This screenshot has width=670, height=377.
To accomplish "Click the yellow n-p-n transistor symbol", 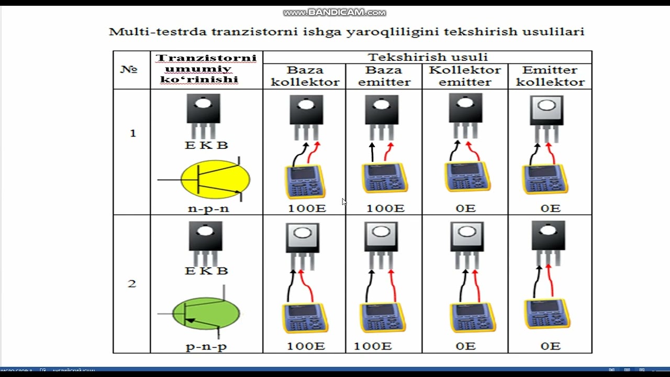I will pyautogui.click(x=215, y=180).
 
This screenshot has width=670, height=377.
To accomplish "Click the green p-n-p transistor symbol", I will pyautogui.click(x=206, y=314).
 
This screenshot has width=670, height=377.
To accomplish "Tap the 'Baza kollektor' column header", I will pyautogui.click(x=305, y=76).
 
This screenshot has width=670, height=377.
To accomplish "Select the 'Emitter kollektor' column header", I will pyautogui.click(x=550, y=76).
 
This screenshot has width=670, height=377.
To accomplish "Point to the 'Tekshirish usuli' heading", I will pyautogui.click(x=427, y=57).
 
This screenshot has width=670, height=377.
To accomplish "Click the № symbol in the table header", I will pyautogui.click(x=129, y=69).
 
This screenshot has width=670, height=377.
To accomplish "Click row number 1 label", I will pyautogui.click(x=132, y=134).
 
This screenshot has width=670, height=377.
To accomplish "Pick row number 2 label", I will pyautogui.click(x=132, y=284).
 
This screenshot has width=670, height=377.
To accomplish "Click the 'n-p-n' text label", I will pyautogui.click(x=208, y=208).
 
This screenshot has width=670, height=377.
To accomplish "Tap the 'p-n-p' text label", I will pyautogui.click(x=206, y=346).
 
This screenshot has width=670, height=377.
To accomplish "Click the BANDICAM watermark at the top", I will pyautogui.click(x=335, y=12).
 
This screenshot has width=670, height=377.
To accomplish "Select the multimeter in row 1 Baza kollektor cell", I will pyautogui.click(x=305, y=182).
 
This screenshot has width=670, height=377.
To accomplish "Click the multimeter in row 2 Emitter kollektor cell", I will pyautogui.click(x=548, y=314).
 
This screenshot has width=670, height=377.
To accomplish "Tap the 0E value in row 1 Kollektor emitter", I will pyautogui.click(x=465, y=208).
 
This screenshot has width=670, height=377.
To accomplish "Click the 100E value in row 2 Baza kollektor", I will pyautogui.click(x=306, y=346).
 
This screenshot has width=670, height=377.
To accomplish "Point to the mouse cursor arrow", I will pyautogui.click(x=344, y=202).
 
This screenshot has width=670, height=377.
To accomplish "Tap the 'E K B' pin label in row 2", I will pyautogui.click(x=206, y=271).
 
